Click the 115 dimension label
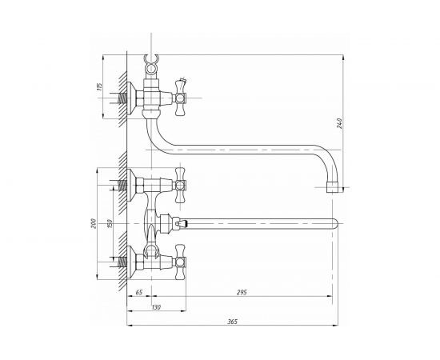pos(99,86)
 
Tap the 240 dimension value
pos(339,123)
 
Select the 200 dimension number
pos(94,223)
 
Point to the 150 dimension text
pos(110,223)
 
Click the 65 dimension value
pos(139,292)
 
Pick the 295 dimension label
pos(242,292)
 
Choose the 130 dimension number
pos(156,307)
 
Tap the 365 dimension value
pos(232,322)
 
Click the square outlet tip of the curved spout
pos(333,187)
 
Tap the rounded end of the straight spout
pos(335,223)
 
